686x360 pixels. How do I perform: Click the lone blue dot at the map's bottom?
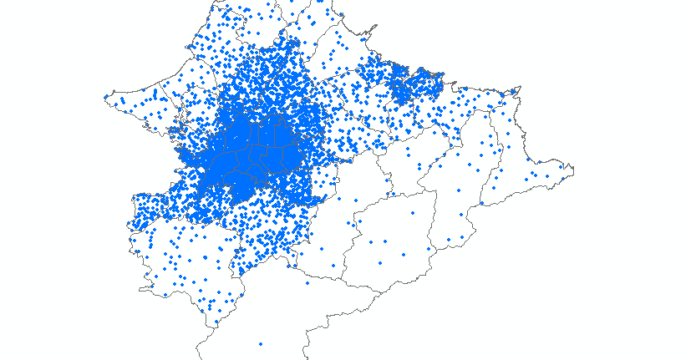pyautogui.click(x=261, y=344)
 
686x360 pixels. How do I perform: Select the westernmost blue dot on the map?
pyautogui.click(x=105, y=97)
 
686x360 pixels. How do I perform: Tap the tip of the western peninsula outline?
pyautogui.click(x=104, y=95)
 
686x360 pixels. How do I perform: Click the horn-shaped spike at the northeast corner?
pyautogui.click(x=519, y=86)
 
